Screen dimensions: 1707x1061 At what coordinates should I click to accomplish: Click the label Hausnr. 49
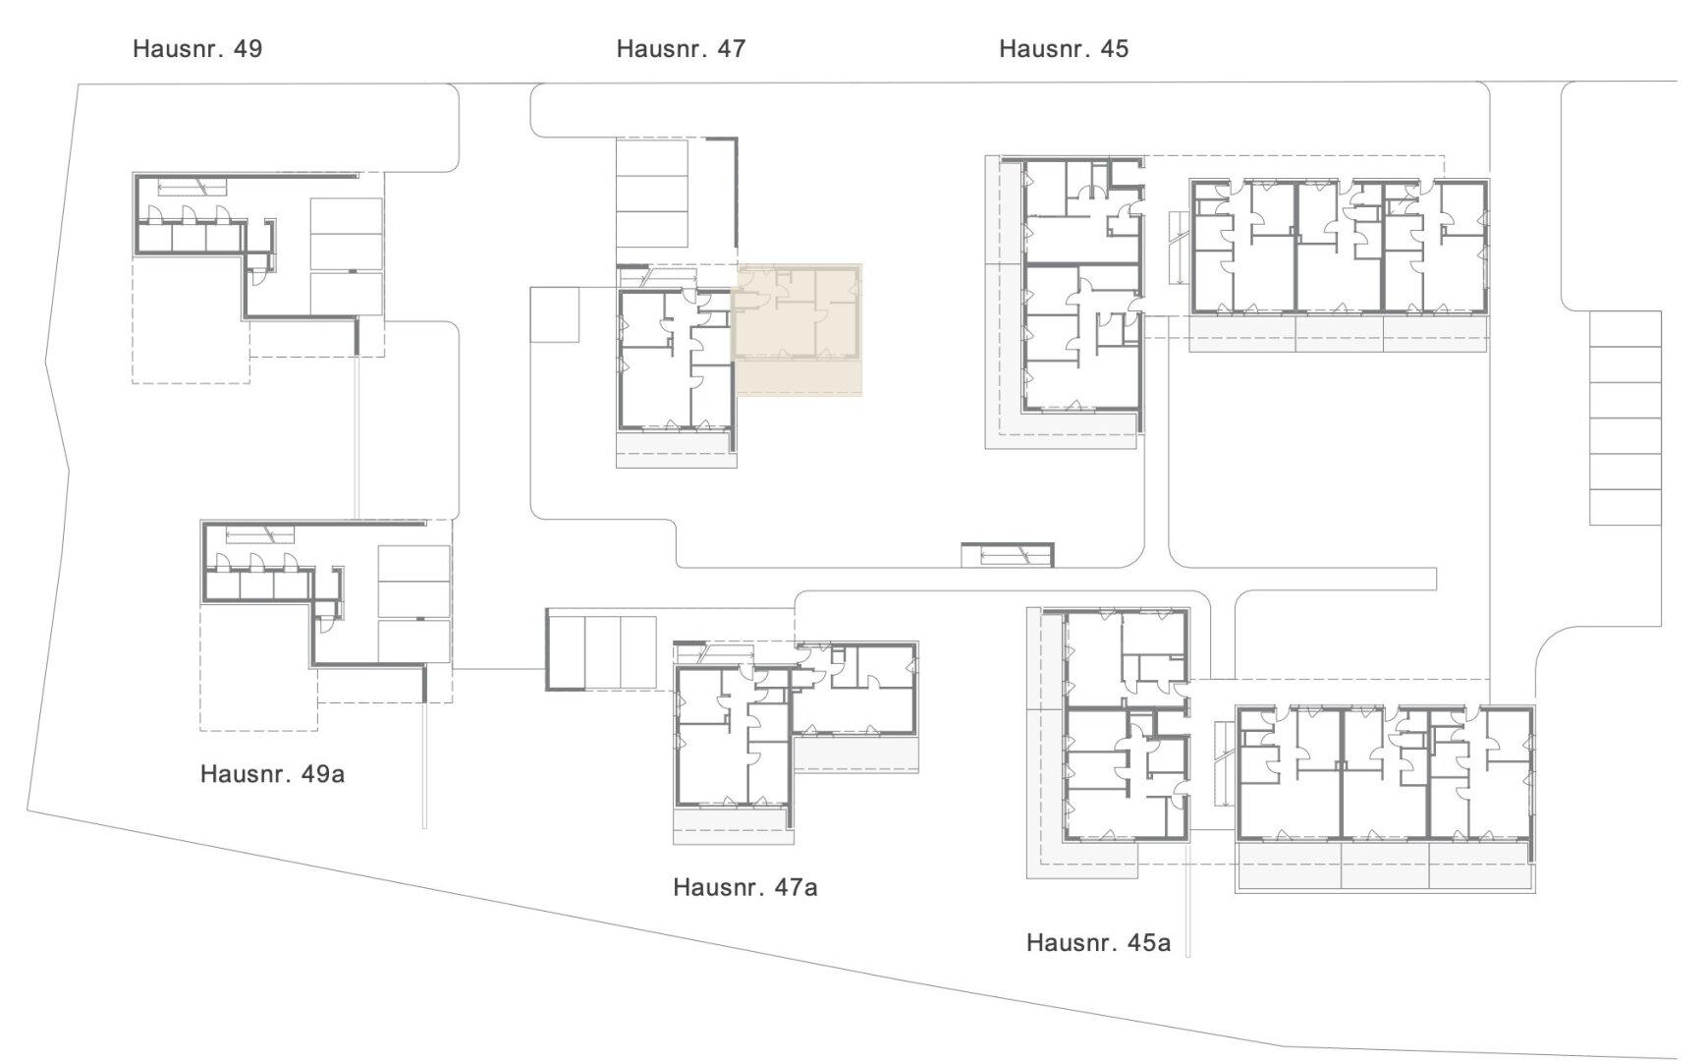(197, 48)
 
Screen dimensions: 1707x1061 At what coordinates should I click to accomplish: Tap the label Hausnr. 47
(681, 48)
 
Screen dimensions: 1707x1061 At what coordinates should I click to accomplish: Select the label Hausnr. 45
(1064, 48)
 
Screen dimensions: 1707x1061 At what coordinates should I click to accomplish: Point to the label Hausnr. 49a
(272, 773)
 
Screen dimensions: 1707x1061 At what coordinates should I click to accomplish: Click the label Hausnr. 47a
(744, 887)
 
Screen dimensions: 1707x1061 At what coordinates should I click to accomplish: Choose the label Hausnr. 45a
(1098, 942)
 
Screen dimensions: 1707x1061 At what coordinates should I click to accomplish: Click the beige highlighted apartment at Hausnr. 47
(798, 329)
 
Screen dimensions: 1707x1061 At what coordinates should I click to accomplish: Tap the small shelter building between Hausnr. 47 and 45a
(1007, 555)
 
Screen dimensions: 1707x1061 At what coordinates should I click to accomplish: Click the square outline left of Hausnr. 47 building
(554, 314)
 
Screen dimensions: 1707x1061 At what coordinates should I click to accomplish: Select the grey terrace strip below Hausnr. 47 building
(676, 449)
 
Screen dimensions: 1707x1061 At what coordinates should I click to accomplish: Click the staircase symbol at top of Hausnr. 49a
(260, 534)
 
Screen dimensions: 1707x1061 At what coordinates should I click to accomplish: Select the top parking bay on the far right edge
(1625, 329)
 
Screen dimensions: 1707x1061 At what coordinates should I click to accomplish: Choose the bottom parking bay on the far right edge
(1625, 507)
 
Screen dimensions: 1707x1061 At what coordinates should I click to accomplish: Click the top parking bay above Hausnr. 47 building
(652, 157)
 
